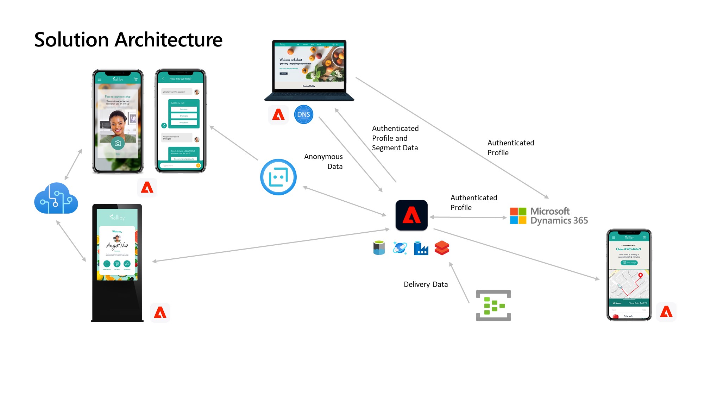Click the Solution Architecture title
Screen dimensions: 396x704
128,39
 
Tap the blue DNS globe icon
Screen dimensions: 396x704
303,114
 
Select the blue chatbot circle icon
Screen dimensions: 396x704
278,177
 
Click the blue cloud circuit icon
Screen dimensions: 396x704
56,199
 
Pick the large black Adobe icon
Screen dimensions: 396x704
411,215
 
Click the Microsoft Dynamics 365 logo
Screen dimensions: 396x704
549,216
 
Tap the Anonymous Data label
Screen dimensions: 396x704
323,161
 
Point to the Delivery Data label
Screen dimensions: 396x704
426,284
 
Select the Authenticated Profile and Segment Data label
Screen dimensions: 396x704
395,138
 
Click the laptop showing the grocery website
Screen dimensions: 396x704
309,70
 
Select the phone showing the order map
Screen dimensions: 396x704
629,275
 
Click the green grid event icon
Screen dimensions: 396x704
493,306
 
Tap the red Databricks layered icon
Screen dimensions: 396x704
442,248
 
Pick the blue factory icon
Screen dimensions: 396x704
421,248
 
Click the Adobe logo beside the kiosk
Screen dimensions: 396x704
160,313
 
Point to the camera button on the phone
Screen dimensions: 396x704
118,143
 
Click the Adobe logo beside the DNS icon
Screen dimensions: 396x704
278,114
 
